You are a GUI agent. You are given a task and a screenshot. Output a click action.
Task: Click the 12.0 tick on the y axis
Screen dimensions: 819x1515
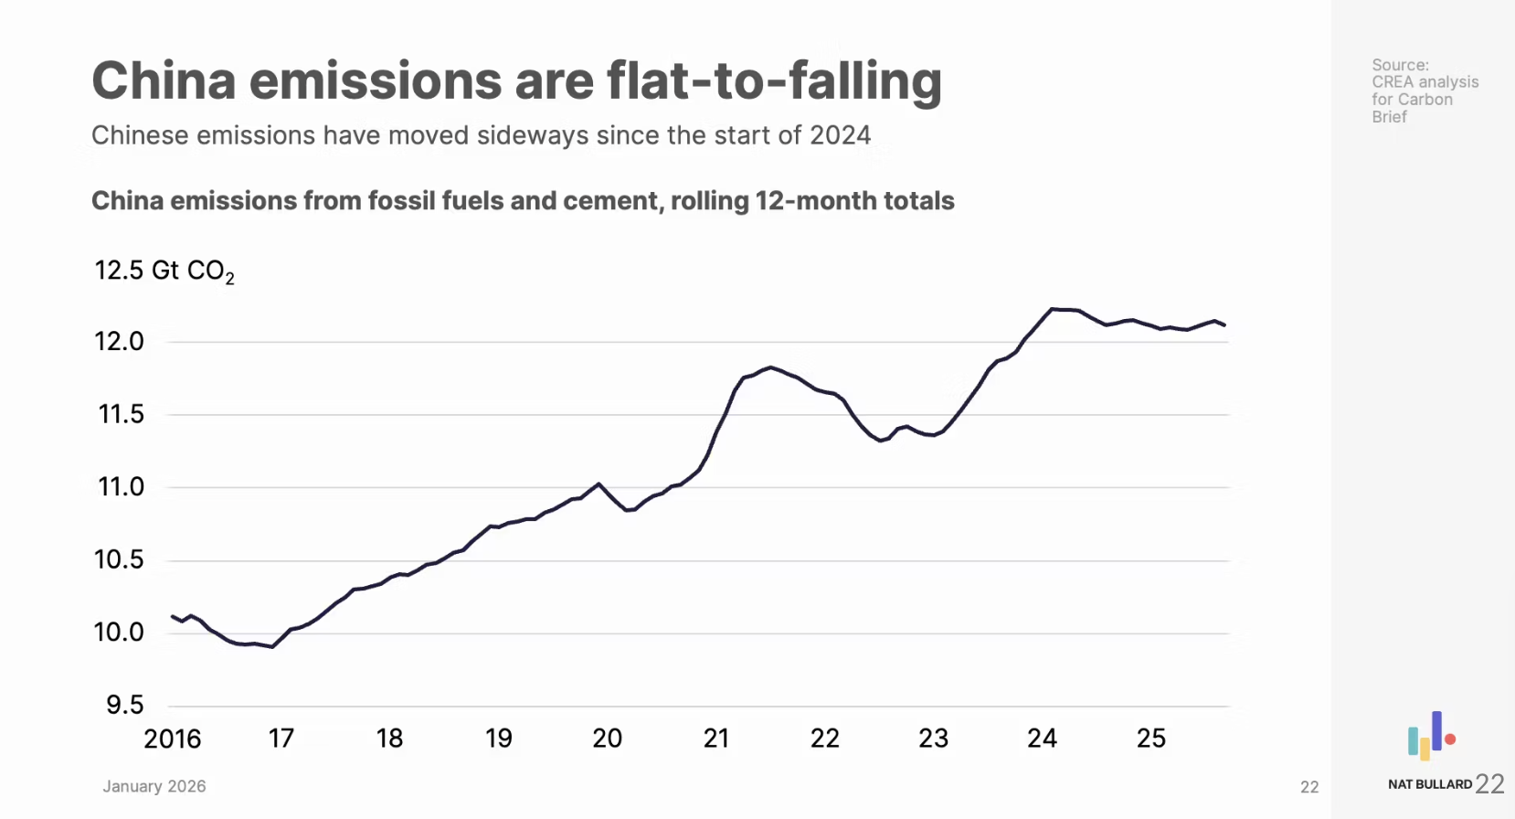tap(119, 342)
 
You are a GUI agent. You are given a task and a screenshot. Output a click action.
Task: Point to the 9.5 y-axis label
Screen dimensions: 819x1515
tap(125, 705)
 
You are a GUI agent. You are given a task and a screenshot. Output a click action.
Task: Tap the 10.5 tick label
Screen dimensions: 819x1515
tap(119, 559)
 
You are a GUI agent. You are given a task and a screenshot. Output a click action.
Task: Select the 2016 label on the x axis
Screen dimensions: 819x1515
tap(172, 739)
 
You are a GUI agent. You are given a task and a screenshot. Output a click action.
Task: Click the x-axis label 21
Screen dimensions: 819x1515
tap(716, 739)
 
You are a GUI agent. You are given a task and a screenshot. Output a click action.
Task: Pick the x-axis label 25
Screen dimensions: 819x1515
tap(1150, 739)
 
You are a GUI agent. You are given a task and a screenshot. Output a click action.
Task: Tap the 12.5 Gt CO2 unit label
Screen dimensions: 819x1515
tap(164, 271)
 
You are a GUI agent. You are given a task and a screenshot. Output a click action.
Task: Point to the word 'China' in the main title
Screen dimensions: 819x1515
tap(164, 80)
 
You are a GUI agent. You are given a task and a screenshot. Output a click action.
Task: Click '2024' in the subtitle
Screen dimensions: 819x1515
tap(840, 135)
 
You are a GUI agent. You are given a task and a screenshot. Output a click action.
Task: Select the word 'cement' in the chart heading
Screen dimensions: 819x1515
tap(612, 201)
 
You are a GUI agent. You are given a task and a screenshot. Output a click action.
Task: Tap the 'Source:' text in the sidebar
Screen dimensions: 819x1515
tap(1400, 65)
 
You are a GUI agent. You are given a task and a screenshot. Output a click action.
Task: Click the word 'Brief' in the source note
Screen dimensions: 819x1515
tap(1389, 117)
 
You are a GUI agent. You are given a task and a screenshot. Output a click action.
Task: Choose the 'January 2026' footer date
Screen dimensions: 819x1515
tap(154, 786)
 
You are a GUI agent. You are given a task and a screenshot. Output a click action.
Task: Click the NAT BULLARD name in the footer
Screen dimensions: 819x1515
tap(1429, 784)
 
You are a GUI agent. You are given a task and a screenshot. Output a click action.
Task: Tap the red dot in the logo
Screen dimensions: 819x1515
tap(1450, 739)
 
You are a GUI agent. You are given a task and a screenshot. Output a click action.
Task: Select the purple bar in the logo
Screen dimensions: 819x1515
tap(1436, 730)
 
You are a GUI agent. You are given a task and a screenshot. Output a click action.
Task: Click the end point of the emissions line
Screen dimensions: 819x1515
tap(1224, 324)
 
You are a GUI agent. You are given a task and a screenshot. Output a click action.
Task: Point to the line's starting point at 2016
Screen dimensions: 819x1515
tap(173, 616)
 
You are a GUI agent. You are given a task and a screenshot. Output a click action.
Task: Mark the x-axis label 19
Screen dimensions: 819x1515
tap(498, 739)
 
